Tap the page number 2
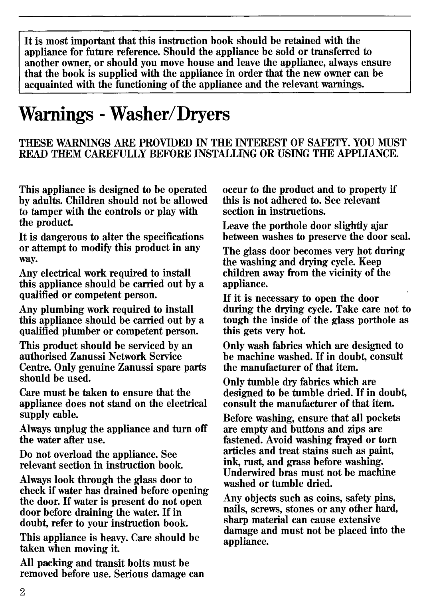[x=22, y=592]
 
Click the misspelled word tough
[x=235, y=320]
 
